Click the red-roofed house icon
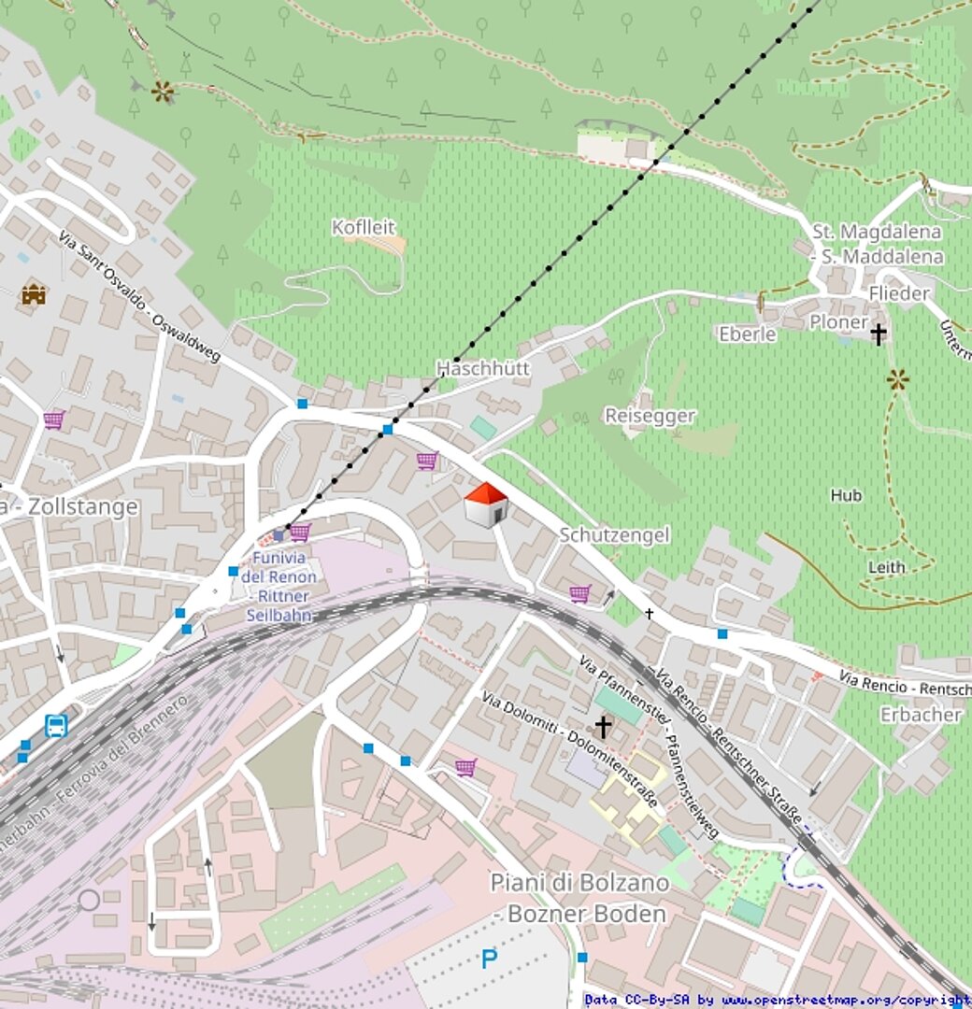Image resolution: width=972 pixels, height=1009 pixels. point(486,504)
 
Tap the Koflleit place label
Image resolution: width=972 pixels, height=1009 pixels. point(364,227)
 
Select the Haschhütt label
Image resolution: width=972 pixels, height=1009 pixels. point(483,368)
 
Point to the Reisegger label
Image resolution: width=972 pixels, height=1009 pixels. point(650,416)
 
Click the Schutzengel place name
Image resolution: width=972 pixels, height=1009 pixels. point(614,534)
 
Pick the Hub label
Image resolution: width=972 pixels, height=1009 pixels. point(846,495)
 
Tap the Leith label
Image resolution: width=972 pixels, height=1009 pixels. point(886,567)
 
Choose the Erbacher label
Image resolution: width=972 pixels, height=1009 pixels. point(921,715)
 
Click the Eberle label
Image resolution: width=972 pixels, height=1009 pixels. point(747,334)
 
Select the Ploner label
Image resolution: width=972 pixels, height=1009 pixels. point(838,321)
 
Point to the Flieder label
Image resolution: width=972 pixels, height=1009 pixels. point(898,293)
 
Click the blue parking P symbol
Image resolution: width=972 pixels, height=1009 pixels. point(489,958)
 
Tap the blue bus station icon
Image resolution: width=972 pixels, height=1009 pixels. point(56,726)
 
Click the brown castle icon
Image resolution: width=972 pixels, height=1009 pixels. point(34,295)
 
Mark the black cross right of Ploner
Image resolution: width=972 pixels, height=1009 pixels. point(878,334)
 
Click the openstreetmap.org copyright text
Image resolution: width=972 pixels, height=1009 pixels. point(776,1001)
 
